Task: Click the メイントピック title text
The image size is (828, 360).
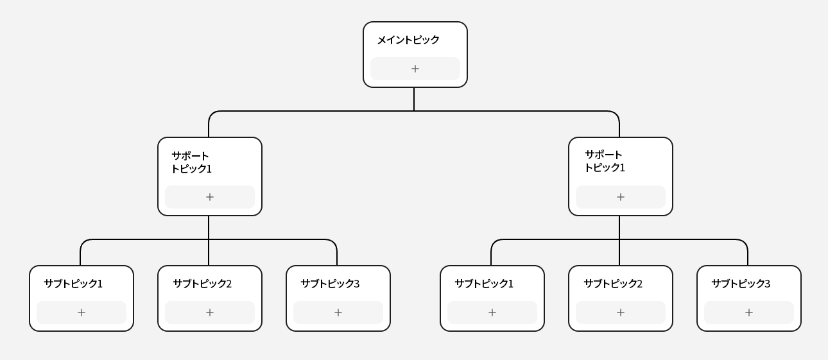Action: tap(408, 40)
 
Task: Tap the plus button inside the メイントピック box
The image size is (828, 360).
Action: tap(415, 69)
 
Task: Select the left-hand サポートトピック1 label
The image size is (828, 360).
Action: tap(191, 162)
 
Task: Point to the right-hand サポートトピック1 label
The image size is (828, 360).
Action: tap(604, 161)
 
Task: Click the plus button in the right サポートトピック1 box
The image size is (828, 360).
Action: tap(621, 197)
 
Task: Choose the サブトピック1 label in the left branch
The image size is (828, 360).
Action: tap(73, 284)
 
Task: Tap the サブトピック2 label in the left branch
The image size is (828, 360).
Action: tap(202, 284)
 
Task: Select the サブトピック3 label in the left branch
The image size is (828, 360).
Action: tap(330, 284)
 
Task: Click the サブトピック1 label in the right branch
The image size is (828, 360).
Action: tap(484, 284)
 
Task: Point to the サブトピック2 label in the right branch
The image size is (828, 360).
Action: tap(613, 284)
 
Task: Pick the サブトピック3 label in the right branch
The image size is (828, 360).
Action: tap(741, 284)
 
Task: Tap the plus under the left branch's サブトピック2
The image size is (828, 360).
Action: tap(210, 313)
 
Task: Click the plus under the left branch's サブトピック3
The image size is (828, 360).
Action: tap(338, 313)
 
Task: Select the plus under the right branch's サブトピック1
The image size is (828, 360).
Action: tap(492, 313)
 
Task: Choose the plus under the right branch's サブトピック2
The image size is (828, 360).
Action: tap(621, 313)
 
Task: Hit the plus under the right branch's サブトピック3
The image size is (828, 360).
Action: tap(749, 313)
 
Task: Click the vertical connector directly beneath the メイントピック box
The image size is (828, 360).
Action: tap(414, 99)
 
